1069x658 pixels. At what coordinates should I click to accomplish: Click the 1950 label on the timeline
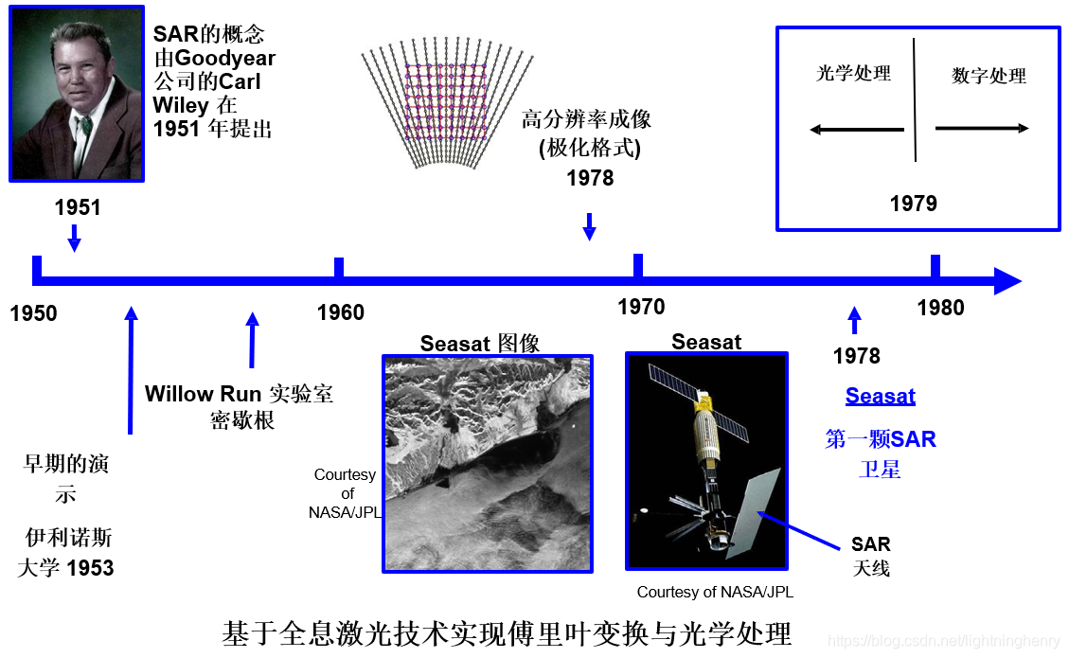coord(34,313)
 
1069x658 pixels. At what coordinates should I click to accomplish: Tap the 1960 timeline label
coord(341,312)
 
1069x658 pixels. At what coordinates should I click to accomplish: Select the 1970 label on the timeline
coord(641,307)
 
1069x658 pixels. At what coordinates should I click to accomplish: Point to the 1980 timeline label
coord(940,308)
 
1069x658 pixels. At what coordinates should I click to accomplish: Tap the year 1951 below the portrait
coord(78,207)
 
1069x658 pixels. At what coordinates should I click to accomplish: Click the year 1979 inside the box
coord(914,204)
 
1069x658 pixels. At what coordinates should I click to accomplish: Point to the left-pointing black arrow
coord(857,130)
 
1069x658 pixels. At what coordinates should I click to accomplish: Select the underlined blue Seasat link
coord(881,396)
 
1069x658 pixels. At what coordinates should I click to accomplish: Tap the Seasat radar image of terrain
coord(488,463)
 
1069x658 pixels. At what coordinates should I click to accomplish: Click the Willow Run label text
coord(203,394)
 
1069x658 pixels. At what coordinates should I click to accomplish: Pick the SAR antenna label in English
coord(870,544)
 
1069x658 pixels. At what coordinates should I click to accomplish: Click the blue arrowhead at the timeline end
coord(1007,281)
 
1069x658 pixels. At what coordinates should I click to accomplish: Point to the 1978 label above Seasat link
coord(856,356)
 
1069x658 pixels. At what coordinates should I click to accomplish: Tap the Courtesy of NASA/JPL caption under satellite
coord(715,593)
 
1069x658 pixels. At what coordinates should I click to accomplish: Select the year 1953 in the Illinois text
coord(90,568)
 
